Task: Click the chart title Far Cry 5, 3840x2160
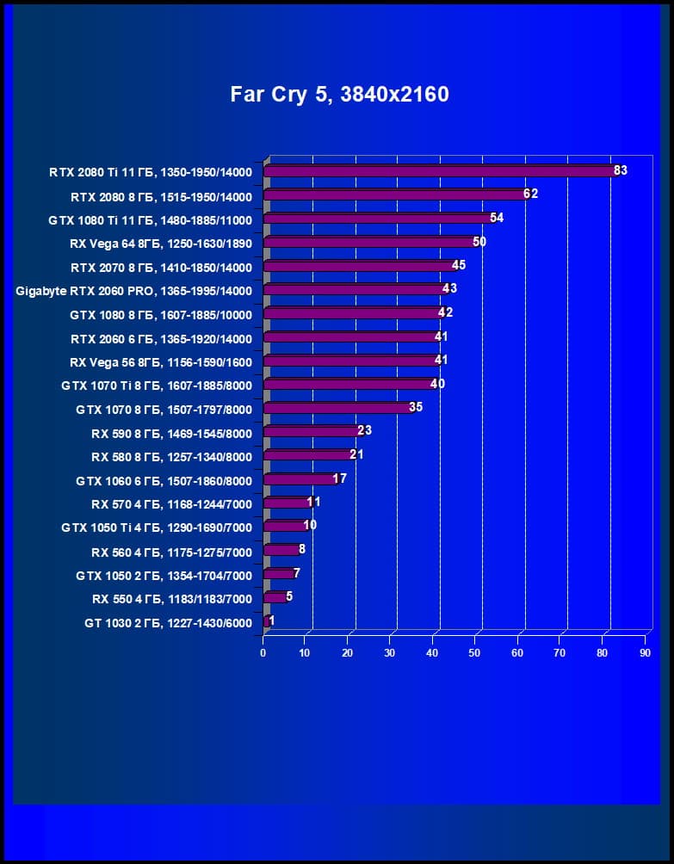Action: pyautogui.click(x=339, y=94)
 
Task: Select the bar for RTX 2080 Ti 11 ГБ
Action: pyautogui.click(x=439, y=171)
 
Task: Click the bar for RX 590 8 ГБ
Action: pyautogui.click(x=311, y=431)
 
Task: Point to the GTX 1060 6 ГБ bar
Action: pyautogui.click(x=299, y=478)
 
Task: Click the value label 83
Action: pyautogui.click(x=621, y=170)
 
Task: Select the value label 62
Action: pyautogui.click(x=530, y=194)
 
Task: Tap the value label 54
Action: pyautogui.click(x=497, y=218)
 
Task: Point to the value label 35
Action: pyautogui.click(x=416, y=407)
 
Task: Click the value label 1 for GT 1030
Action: pyautogui.click(x=272, y=620)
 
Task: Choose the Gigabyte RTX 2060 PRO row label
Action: pyautogui.click(x=133, y=291)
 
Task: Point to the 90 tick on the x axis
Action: pyautogui.click(x=645, y=653)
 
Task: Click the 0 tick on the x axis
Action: pyautogui.click(x=263, y=653)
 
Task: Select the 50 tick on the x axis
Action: pyautogui.click(x=475, y=653)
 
